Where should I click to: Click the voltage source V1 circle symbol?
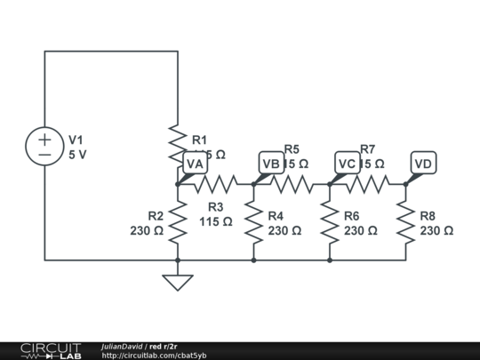coord(44,147)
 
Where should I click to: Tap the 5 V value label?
coord(78,154)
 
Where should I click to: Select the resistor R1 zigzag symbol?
coord(178,142)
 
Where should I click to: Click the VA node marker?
coord(195,164)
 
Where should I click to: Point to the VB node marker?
coord(271,164)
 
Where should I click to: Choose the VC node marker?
coord(348,164)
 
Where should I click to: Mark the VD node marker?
coord(424,164)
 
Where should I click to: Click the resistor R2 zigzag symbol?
coord(178,222)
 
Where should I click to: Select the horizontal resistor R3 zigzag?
coord(215,184)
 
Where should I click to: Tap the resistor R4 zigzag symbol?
coord(253,222)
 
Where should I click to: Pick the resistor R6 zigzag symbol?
coord(330,222)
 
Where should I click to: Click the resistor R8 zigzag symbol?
coord(406,222)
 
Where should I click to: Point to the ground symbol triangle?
coord(178,283)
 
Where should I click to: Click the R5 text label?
coord(292,149)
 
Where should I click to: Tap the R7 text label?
coord(368,149)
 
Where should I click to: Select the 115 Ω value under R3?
coord(216,221)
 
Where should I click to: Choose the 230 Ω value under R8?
coord(436,230)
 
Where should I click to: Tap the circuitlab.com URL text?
coord(154,356)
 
